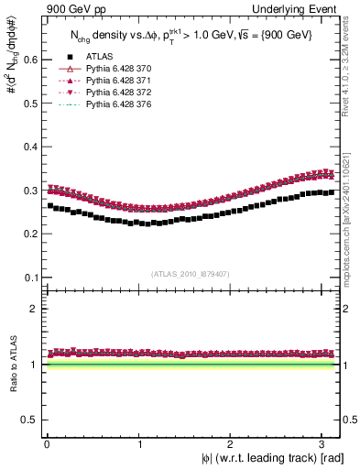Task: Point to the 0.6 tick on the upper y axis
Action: (31, 60)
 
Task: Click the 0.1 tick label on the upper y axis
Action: (31, 278)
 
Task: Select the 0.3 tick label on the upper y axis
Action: (31, 191)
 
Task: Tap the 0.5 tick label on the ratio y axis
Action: (31, 420)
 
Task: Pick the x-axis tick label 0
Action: (47, 444)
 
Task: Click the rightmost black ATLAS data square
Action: (330, 192)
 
